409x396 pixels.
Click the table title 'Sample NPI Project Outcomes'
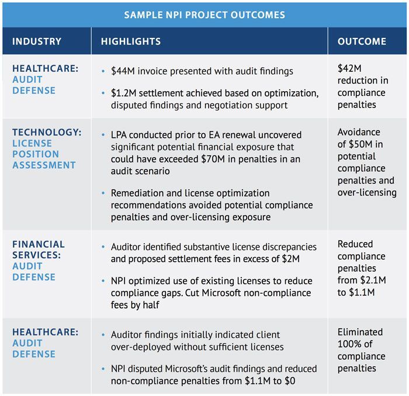point(204,15)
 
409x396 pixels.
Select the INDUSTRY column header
point(37,41)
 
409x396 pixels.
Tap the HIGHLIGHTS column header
point(131,41)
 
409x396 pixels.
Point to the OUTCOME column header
point(362,41)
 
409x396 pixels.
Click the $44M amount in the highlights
point(123,71)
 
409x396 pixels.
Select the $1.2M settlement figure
point(123,93)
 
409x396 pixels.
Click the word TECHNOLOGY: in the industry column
point(47,132)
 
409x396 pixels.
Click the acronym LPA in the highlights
point(119,135)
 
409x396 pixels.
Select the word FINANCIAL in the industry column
point(39,244)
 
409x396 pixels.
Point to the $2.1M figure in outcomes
point(373,280)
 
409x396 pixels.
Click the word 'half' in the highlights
point(151,305)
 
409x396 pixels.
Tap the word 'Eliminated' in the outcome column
point(360,332)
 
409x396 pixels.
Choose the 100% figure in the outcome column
point(349,344)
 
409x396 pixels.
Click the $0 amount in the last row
point(290,381)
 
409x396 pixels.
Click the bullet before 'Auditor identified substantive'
point(103,246)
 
